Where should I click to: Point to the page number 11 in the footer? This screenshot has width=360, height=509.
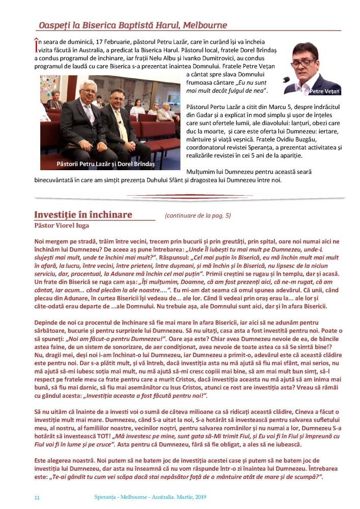coord(37,497)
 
